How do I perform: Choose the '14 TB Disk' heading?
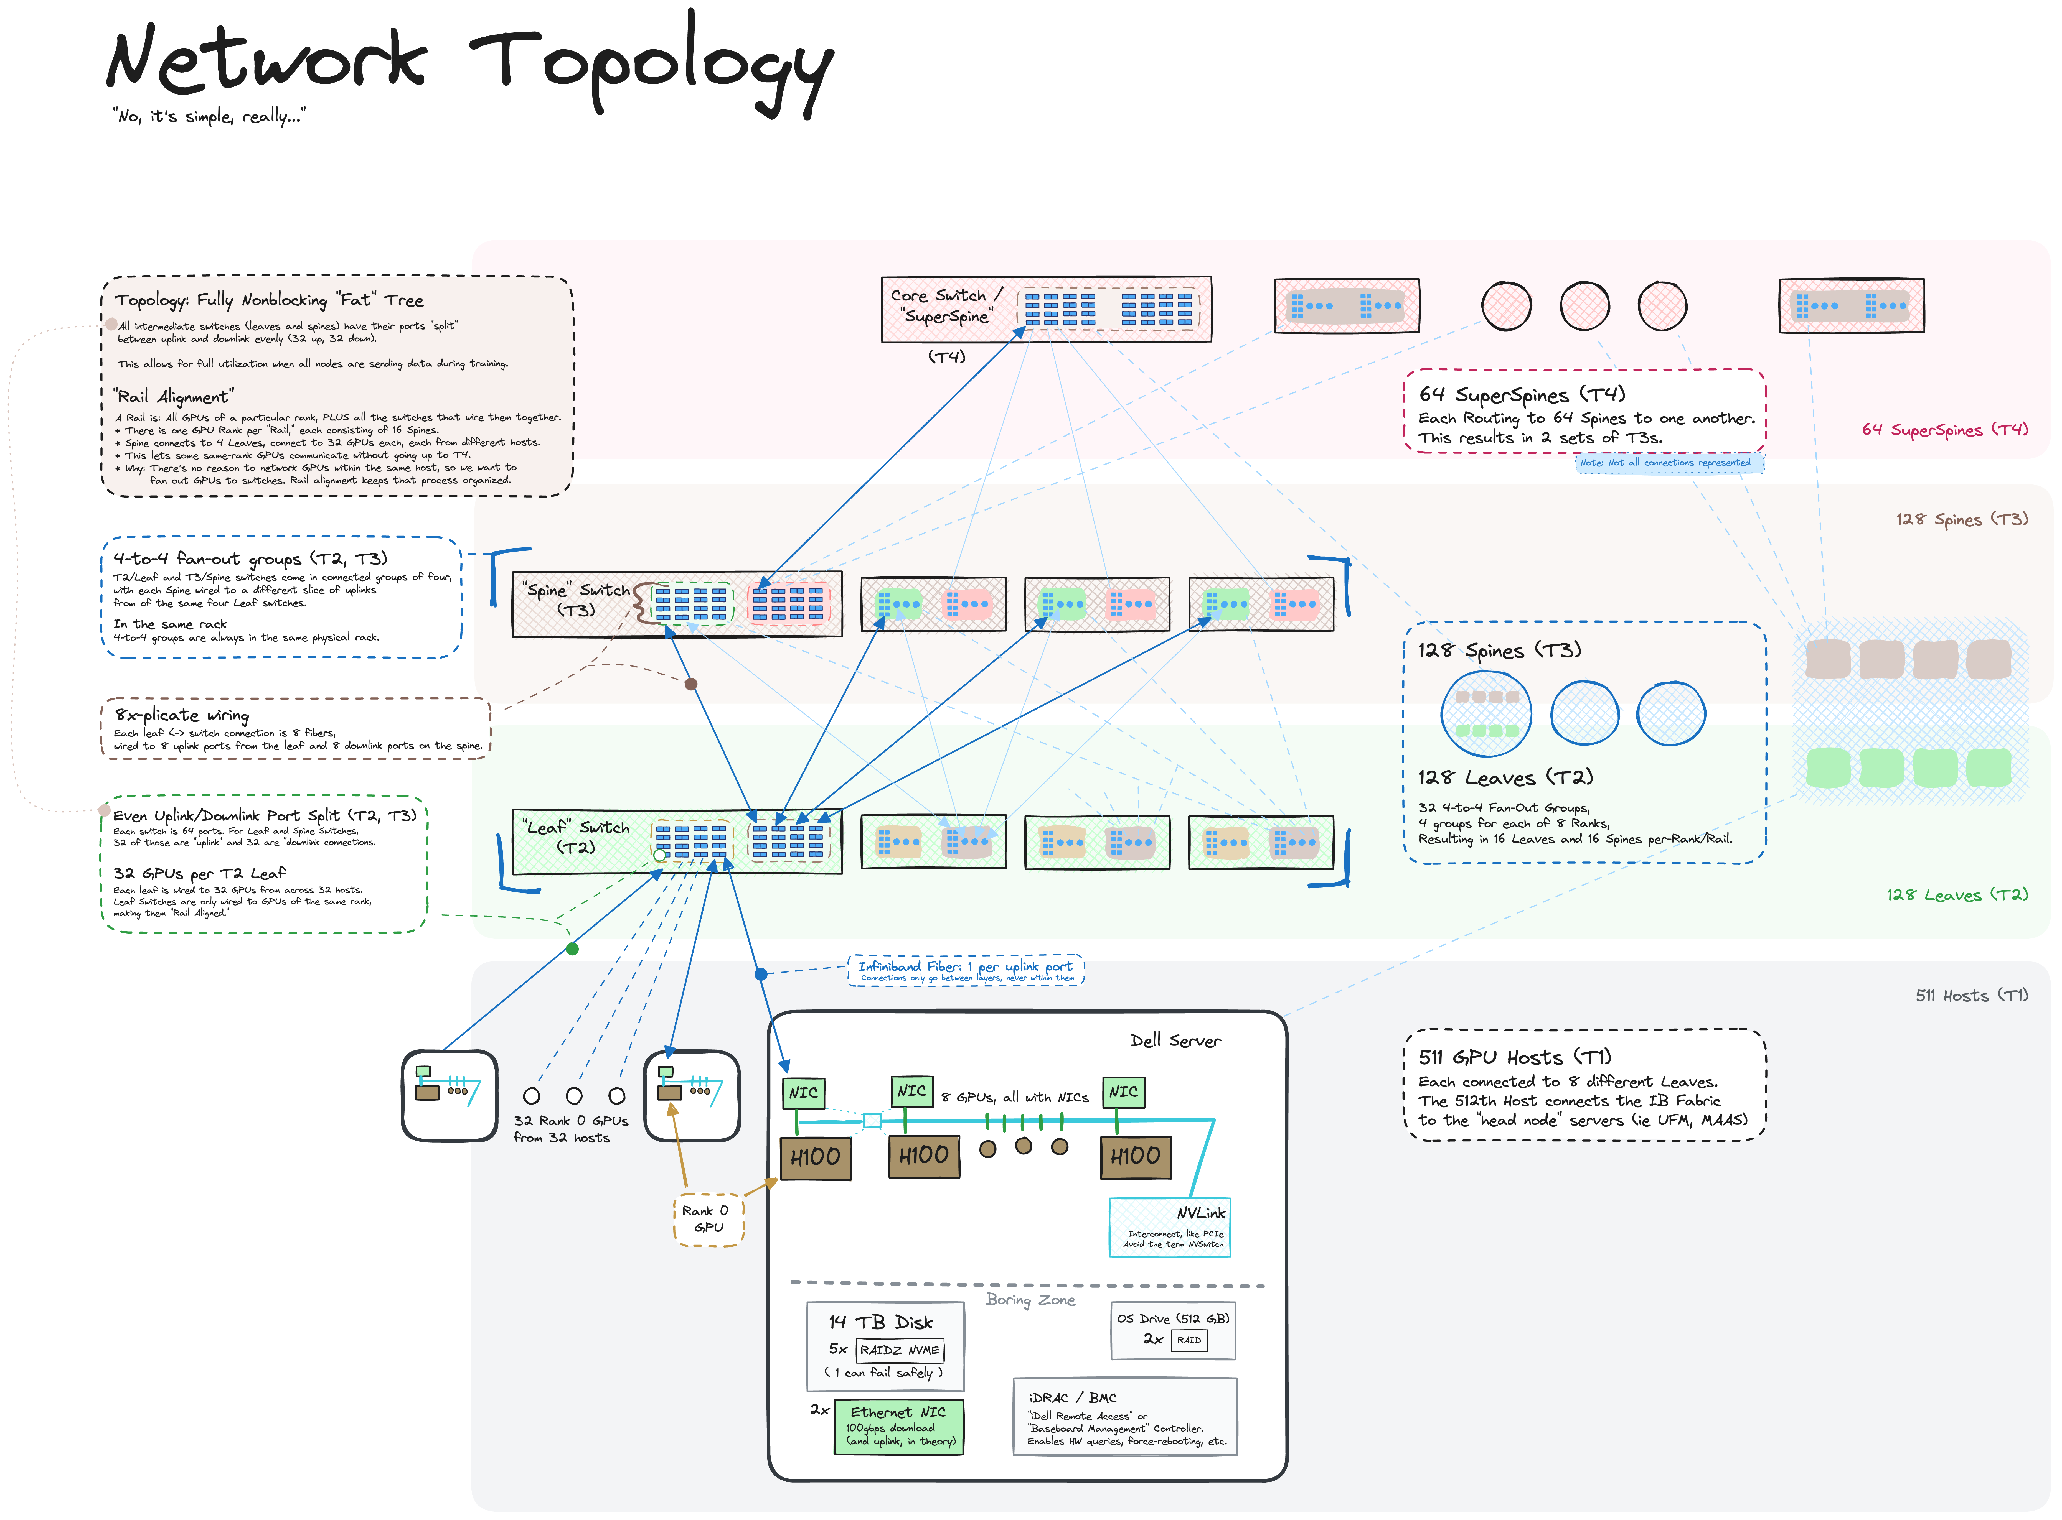coord(881,1322)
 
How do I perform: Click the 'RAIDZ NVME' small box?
coord(899,1350)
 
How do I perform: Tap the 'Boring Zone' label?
coord(1030,1299)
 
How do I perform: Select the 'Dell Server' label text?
coord(1175,1040)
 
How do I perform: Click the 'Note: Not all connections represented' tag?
coord(1664,463)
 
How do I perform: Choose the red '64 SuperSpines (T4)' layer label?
coord(1944,430)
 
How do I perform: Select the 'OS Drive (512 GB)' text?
coord(1173,1318)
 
